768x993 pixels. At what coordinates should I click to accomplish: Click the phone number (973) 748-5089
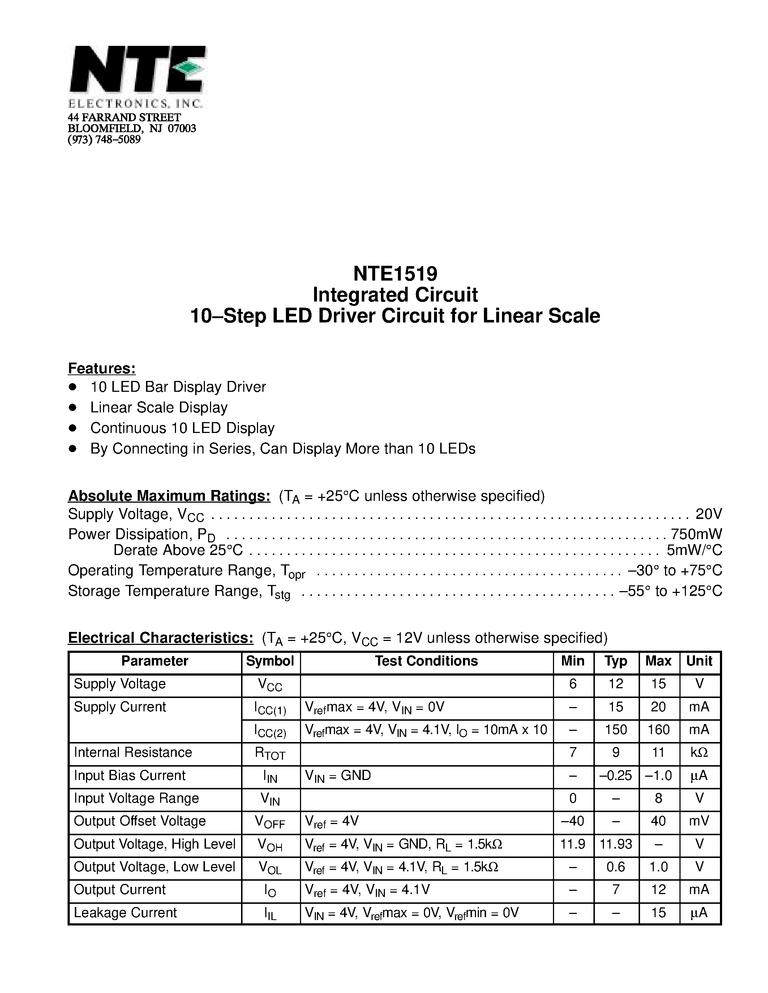104,140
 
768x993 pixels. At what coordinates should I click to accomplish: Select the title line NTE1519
395,274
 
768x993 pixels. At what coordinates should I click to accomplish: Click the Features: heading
102,368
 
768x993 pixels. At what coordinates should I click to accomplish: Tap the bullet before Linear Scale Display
72,407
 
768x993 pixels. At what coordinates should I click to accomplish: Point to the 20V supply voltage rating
708,514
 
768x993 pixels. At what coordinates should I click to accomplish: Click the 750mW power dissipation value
696,533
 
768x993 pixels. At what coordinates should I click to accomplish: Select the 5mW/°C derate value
694,550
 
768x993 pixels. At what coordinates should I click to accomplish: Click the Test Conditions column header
426,661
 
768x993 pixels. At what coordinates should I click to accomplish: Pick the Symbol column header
270,661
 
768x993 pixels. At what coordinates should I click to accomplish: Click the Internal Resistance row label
133,753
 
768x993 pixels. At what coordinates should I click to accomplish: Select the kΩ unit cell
699,753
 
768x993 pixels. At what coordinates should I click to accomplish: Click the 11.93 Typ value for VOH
615,844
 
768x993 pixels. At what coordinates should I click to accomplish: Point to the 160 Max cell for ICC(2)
658,730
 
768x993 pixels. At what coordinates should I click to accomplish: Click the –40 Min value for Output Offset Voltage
573,821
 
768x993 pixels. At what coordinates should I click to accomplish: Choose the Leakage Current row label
125,912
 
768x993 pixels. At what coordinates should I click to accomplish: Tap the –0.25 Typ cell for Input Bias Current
615,776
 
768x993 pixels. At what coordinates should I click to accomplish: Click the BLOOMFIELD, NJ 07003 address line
132,129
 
